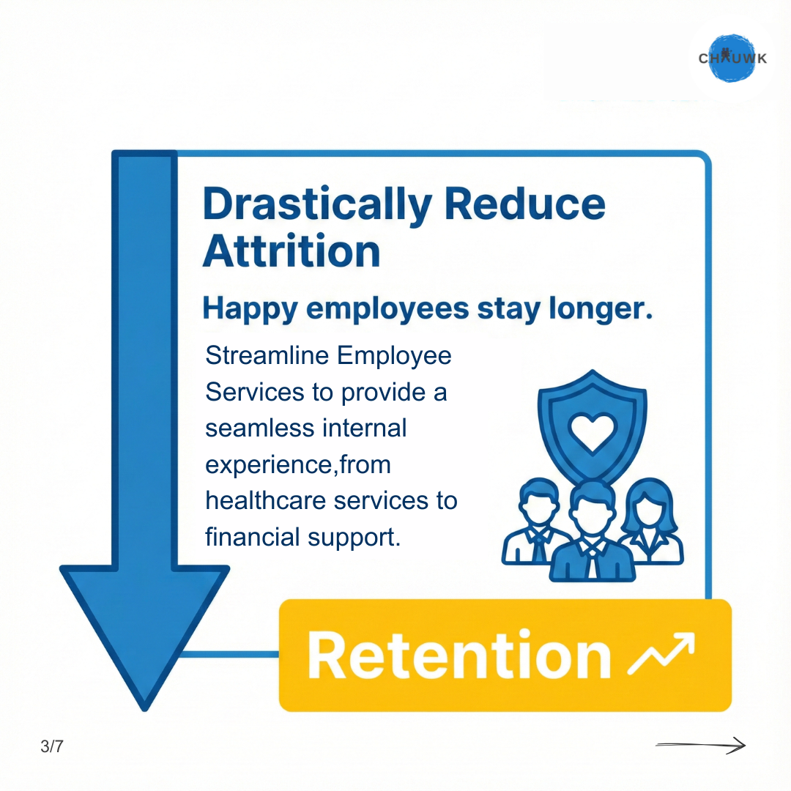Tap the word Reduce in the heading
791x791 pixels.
pyautogui.click(x=524, y=204)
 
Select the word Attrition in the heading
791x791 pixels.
pyautogui.click(x=291, y=250)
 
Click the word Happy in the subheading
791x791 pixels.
pyautogui.click(x=250, y=309)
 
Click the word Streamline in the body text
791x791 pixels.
pyautogui.click(x=267, y=355)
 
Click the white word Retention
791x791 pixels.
pyautogui.click(x=459, y=656)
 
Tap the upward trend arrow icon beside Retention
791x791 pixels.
pyautogui.click(x=661, y=653)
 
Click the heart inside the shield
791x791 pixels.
pyautogui.click(x=592, y=432)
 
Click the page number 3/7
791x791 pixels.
pyautogui.click(x=52, y=746)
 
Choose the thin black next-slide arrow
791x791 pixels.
pyautogui.click(x=701, y=745)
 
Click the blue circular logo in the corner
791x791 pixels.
pyautogui.click(x=732, y=58)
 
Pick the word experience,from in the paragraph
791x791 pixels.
pyautogui.click(x=298, y=465)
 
